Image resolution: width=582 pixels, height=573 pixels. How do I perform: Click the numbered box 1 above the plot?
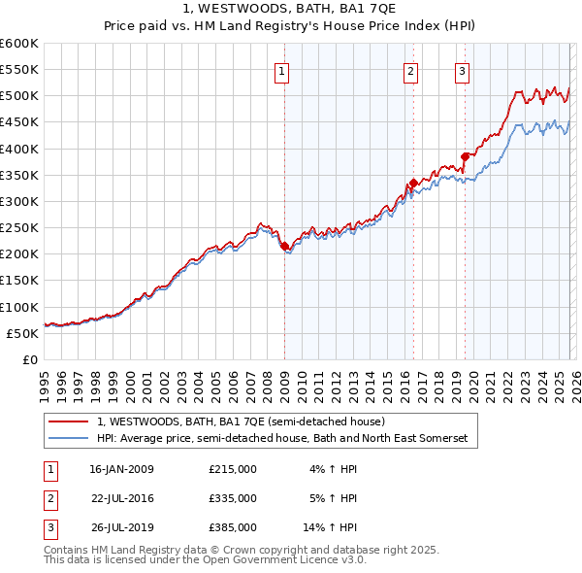point(281,70)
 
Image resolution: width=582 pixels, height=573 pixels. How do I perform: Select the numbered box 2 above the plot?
point(411,70)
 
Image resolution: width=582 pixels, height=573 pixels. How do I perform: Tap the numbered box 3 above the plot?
point(462,70)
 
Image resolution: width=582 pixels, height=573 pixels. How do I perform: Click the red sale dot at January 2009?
point(284,247)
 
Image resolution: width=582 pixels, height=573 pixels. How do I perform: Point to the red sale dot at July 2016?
point(413,183)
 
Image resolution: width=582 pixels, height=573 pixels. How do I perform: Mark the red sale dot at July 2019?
point(465,156)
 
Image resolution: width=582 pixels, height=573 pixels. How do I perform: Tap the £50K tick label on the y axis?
point(23,333)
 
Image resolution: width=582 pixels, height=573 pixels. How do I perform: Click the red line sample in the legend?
point(69,421)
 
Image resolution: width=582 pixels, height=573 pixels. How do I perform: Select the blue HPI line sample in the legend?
point(69,439)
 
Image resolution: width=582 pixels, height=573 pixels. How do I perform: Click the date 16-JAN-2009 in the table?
point(120,469)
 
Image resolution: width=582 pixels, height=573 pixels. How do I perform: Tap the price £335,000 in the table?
point(232,498)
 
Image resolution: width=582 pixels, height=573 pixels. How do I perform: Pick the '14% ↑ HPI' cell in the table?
point(330,527)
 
